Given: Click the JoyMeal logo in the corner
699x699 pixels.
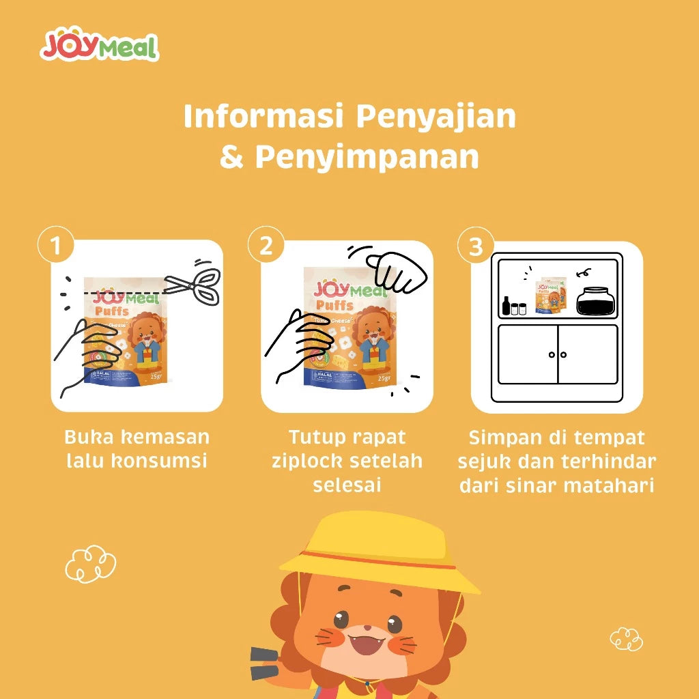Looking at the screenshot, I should (x=100, y=46).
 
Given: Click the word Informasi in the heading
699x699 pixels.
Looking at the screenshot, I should (x=263, y=117).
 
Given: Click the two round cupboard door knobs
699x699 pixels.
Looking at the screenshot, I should (x=558, y=354).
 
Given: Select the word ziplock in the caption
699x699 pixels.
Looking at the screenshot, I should (x=306, y=461).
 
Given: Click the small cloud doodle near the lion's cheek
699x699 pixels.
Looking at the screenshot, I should (x=626, y=639).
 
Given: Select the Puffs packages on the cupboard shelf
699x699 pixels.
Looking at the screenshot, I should (x=551, y=298).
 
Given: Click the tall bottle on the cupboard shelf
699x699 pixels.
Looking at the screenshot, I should (x=506, y=305).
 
